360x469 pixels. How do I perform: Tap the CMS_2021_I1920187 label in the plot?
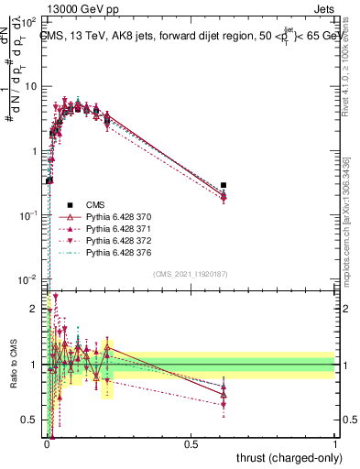(x=191, y=273)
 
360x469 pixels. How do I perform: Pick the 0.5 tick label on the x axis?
(x=191, y=442)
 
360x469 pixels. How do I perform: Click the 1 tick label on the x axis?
(x=334, y=442)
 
